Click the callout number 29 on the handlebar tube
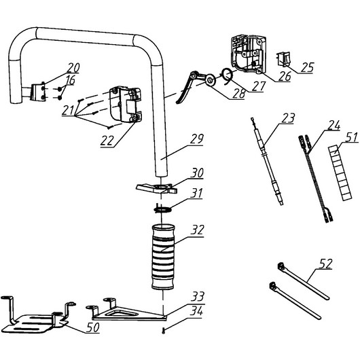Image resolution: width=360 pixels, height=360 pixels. pos(196,139)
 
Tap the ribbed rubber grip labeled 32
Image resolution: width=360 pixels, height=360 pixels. pos(163,257)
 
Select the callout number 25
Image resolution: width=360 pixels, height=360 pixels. pos(307,67)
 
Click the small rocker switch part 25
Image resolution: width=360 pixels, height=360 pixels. pos(283,59)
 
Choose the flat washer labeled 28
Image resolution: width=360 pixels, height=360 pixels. pos(210,80)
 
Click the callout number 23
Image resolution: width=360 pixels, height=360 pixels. pos(287,118)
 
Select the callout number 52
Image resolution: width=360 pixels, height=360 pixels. pos(325,264)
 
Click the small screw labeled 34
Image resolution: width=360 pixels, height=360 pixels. pos(164,331)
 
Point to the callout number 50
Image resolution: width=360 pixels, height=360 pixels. pos(93,327)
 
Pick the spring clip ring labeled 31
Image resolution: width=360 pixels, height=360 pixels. pos(164,209)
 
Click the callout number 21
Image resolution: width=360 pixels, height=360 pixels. pos(68,111)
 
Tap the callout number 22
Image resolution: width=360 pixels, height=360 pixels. pos(107,141)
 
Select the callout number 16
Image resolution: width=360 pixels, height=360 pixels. pos(70,80)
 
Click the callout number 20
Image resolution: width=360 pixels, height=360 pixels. pos(73,68)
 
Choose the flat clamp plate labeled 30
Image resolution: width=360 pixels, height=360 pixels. pos(157,188)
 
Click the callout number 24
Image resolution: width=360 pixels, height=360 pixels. pos(334,126)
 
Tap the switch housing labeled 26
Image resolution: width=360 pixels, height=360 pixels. pos(249,54)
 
